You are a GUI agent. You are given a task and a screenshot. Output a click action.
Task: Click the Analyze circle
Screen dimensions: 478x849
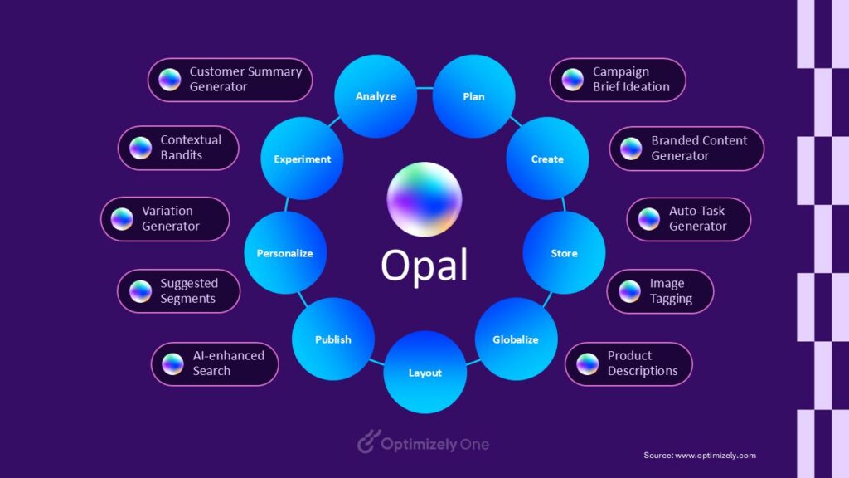click(x=376, y=96)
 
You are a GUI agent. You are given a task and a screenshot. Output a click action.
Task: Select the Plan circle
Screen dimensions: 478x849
click(x=473, y=96)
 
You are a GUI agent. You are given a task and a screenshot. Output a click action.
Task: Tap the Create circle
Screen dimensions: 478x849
click(x=547, y=159)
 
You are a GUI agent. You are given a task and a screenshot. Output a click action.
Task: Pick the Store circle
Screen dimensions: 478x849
click(x=564, y=253)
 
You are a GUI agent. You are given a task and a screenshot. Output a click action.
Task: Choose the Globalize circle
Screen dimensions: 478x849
click(x=515, y=339)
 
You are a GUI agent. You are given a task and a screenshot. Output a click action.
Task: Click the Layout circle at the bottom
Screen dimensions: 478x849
click(x=424, y=373)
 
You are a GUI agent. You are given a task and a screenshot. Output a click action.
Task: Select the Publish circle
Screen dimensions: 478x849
click(x=333, y=339)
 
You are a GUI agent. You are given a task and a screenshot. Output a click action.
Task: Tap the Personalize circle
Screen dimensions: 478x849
click(x=285, y=253)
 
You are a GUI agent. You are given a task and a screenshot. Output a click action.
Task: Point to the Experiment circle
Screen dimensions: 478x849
click(x=303, y=159)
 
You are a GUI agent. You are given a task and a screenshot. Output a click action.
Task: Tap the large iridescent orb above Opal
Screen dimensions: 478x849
click(x=424, y=200)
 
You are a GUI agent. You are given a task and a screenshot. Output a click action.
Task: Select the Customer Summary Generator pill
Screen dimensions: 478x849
click(x=230, y=80)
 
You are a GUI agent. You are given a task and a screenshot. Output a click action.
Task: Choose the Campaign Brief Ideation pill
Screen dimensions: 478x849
click(x=618, y=80)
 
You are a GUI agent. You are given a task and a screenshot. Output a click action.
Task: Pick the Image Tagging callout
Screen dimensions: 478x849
click(x=660, y=291)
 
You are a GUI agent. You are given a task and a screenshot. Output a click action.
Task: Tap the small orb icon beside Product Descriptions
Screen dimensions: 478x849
click(x=588, y=363)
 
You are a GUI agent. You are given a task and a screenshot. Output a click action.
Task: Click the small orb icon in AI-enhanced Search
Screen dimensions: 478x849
click(x=172, y=363)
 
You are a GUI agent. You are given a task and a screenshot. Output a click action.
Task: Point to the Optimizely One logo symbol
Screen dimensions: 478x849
click(x=367, y=444)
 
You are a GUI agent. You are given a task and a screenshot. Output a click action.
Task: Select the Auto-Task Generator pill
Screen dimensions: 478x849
click(x=688, y=219)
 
